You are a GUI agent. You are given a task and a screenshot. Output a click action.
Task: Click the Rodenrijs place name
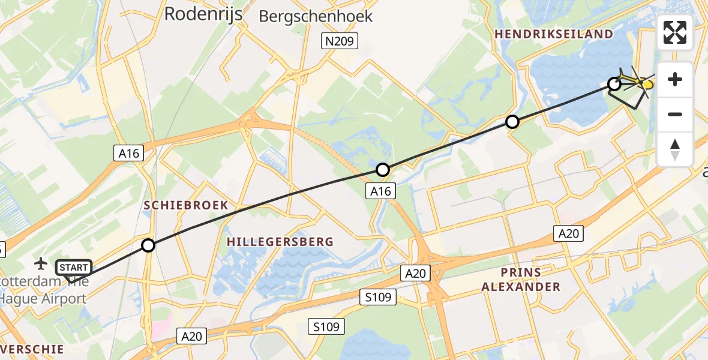(203, 14)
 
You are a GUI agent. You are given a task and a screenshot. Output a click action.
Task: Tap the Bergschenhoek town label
(316, 16)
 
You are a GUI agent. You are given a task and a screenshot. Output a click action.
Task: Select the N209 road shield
(339, 41)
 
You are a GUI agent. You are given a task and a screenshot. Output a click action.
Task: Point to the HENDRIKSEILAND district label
(554, 34)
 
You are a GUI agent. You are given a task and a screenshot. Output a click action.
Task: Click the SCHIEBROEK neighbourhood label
(186, 205)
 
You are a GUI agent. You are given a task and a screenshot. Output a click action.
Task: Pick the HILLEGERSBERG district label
(280, 241)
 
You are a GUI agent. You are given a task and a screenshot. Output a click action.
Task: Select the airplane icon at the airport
(41, 263)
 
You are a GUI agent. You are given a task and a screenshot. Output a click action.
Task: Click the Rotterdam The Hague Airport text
(43, 290)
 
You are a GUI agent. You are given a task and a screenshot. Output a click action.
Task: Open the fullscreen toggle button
(675, 32)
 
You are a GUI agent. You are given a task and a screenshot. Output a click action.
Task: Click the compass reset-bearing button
(675, 149)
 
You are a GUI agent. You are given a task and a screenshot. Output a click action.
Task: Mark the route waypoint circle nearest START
(148, 245)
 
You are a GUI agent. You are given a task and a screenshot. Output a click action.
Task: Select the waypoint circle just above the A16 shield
(383, 170)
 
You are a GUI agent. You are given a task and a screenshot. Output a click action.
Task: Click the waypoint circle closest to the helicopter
(614, 84)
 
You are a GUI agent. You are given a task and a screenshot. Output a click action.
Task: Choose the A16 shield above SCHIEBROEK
(128, 154)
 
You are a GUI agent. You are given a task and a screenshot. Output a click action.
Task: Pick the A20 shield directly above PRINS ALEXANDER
(568, 233)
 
